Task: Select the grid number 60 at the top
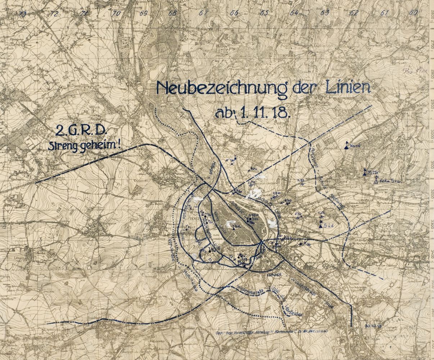pyautogui.click(x=413, y=13)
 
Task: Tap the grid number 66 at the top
pyautogui.click(x=234, y=13)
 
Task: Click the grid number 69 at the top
pyautogui.click(x=144, y=13)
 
